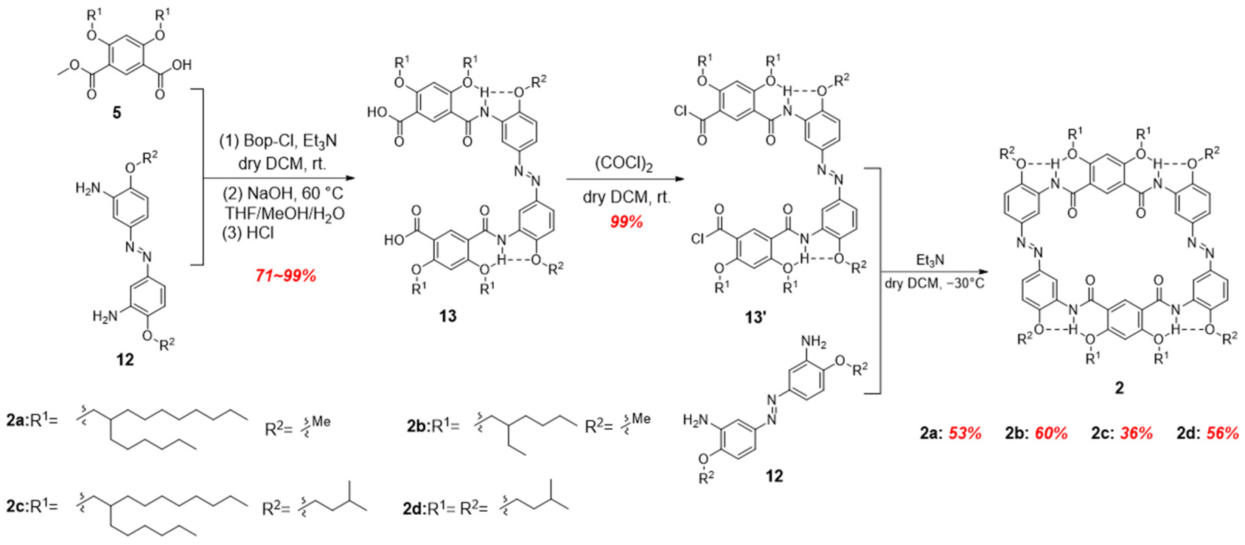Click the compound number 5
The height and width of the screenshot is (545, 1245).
[117, 113]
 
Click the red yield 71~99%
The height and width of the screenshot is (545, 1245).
[286, 276]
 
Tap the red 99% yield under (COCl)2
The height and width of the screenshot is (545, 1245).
[626, 221]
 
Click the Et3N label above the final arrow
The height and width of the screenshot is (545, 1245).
[930, 261]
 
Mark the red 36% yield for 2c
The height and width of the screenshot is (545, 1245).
[1136, 433]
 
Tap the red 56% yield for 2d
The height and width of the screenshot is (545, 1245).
[1222, 433]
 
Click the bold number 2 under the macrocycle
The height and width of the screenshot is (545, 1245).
[1119, 387]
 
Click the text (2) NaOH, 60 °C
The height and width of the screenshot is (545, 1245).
[283, 193]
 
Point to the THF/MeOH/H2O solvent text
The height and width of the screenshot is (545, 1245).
[284, 213]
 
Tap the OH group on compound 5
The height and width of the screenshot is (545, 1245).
[182, 65]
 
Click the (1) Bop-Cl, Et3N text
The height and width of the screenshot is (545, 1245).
[278, 141]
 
